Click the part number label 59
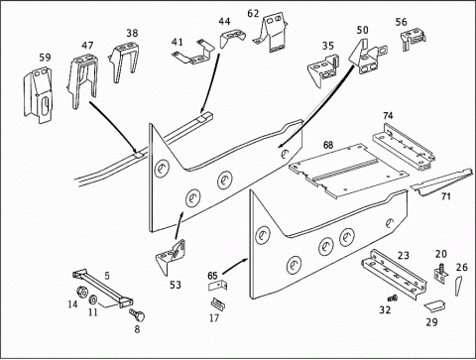(x=45, y=58)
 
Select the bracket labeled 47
(x=83, y=81)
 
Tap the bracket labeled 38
(x=123, y=60)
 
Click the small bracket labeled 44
(x=233, y=37)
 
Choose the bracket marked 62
(x=272, y=35)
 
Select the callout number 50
(x=362, y=30)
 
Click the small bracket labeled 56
(x=414, y=39)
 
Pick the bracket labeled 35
(x=324, y=70)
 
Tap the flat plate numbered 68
(x=349, y=171)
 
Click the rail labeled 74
(x=404, y=146)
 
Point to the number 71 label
(x=446, y=197)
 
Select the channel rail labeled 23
(x=394, y=274)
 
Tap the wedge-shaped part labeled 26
(x=459, y=286)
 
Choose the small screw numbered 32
(x=393, y=299)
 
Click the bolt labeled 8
(x=137, y=315)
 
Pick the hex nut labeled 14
(x=81, y=293)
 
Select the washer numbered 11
(x=93, y=300)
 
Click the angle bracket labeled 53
(x=170, y=257)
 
